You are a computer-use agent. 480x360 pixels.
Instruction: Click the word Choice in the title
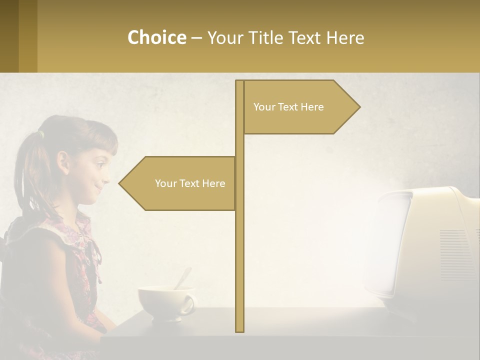[x=156, y=37]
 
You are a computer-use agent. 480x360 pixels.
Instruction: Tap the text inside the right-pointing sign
[x=288, y=107]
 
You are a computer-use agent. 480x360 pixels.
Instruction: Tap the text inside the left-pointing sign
[x=190, y=183]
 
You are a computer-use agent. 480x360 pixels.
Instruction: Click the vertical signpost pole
[x=239, y=250]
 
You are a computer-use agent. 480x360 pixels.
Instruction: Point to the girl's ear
[x=63, y=162]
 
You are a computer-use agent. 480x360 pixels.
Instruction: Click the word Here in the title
[x=345, y=37]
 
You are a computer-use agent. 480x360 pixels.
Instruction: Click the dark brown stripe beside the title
[x=9, y=36]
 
